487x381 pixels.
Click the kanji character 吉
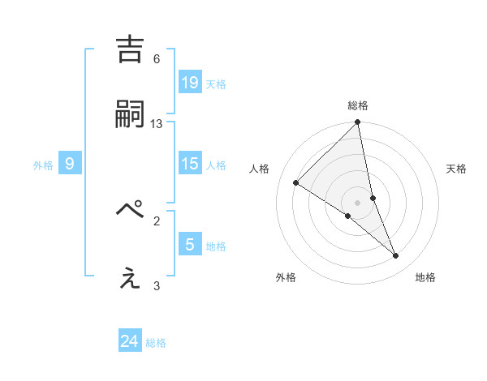point(131,49)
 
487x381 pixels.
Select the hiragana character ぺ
point(131,210)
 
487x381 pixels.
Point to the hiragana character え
point(131,277)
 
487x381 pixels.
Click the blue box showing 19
point(189,82)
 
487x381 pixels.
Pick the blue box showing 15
point(189,164)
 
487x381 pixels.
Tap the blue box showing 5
point(189,244)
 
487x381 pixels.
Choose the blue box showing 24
point(129,341)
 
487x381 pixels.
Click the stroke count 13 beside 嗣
point(157,123)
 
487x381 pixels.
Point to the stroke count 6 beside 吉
point(157,58)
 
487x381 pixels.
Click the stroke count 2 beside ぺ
point(157,220)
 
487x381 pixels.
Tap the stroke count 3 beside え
point(157,285)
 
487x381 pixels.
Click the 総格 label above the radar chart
point(358,105)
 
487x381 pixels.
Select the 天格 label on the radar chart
point(457,169)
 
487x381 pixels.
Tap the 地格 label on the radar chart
point(425,277)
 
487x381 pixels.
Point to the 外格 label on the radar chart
point(286,277)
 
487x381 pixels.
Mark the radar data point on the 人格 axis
point(296,182)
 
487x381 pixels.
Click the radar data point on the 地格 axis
point(396,256)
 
